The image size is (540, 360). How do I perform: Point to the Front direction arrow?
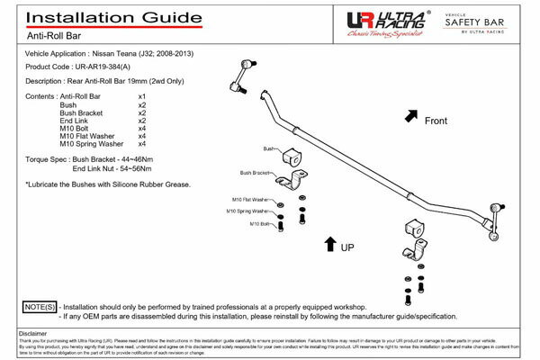(411, 116)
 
